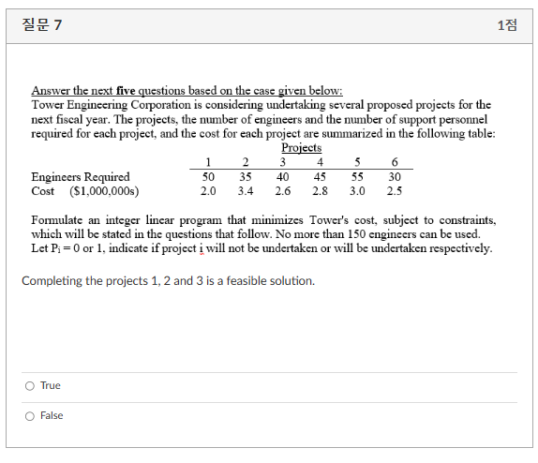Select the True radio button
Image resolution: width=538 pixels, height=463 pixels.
pos(30,385)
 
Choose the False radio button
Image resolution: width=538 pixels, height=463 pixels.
pos(30,415)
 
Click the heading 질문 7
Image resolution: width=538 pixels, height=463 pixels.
pos(42,24)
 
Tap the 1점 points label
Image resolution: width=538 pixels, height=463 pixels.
pos(507,24)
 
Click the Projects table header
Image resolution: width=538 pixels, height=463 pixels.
pos(301,148)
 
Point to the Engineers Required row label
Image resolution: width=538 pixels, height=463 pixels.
pos(81,176)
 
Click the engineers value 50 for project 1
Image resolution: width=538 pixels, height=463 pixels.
pos(209,176)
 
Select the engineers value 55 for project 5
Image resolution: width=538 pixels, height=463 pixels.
pos(357,176)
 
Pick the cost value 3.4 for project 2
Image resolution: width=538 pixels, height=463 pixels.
pos(246,191)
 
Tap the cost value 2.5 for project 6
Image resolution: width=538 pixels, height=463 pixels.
pos(395,191)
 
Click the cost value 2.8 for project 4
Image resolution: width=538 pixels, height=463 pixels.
pos(320,191)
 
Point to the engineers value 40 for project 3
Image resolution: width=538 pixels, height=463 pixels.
pos(282,176)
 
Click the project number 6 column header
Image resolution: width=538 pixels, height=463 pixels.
pos(395,162)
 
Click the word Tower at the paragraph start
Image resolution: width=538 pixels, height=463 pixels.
pos(48,105)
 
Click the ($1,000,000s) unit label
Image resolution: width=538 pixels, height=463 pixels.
pos(104,191)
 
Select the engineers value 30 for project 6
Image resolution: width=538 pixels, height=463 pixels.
pos(395,176)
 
